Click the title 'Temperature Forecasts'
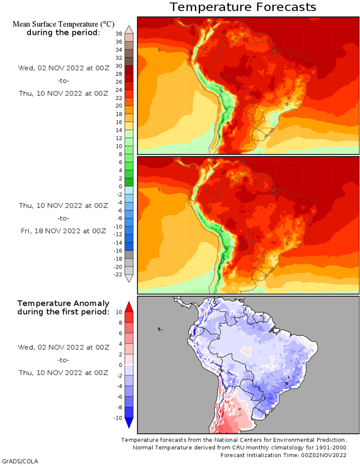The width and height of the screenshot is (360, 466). click(243, 7)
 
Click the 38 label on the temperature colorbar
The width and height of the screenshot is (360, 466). click(119, 34)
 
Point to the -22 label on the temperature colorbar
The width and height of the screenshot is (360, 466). click(118, 274)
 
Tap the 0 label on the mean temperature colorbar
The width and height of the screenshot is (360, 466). click(120, 187)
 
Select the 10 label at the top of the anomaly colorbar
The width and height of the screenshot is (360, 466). click(119, 312)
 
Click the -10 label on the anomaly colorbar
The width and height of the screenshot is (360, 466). click(118, 418)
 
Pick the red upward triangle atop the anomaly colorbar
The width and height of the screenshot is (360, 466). click(129, 307)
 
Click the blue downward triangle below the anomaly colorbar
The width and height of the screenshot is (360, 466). click(129, 423)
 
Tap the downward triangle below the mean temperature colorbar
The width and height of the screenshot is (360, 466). click(129, 278)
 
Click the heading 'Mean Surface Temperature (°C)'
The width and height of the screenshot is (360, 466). click(63, 24)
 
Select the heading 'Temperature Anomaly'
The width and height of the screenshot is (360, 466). click(63, 303)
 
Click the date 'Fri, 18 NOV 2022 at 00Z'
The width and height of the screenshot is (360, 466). click(63, 231)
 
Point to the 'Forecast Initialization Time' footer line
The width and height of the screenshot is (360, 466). click(283, 456)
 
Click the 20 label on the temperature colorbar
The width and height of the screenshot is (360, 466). click(119, 106)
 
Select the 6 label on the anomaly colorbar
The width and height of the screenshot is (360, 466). click(120, 333)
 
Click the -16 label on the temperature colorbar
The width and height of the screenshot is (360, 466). click(118, 250)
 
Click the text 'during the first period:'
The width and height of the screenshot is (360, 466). click(63, 312)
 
